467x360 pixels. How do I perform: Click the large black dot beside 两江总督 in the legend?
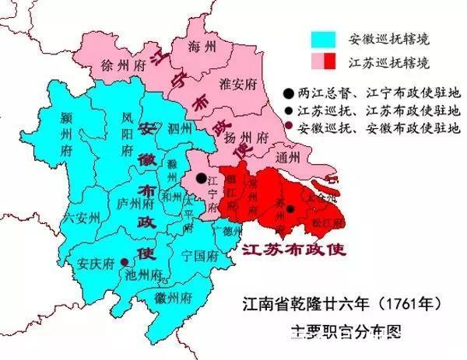click(310, 89)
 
